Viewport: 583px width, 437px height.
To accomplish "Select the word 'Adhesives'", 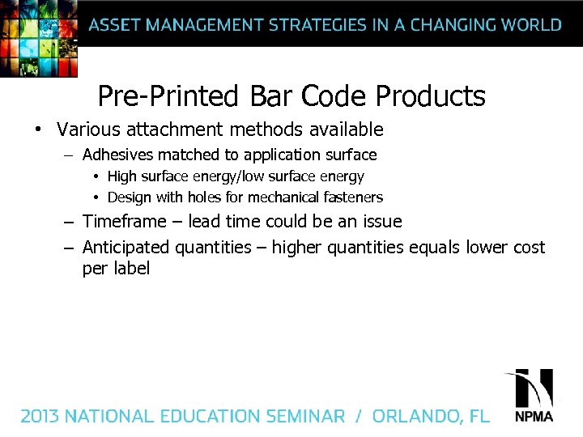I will coord(118,154).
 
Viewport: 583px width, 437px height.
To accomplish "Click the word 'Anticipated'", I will coord(126,248).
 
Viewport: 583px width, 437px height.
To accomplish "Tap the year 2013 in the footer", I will coord(40,416).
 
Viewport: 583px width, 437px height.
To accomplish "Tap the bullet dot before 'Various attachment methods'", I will coord(37,129).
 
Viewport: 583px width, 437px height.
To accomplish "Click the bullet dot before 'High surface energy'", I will coord(95,176).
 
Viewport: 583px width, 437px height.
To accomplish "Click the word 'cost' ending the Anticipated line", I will coord(530,248).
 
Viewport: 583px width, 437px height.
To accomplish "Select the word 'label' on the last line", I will coord(132,269).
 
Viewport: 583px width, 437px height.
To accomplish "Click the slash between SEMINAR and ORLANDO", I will coord(358,416).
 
